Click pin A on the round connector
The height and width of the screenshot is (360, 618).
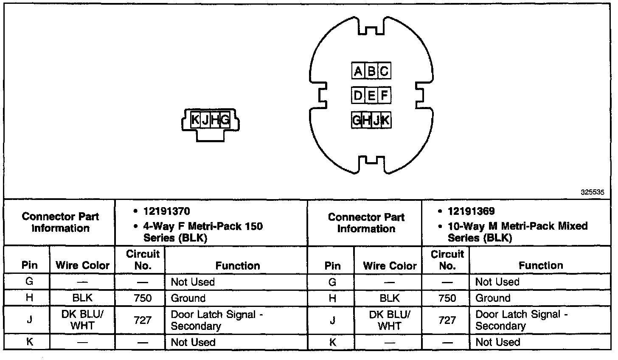(x=358, y=71)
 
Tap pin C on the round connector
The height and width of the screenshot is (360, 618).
(x=384, y=71)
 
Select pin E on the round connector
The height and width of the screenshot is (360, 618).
(x=371, y=95)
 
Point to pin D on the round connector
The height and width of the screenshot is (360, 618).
(x=358, y=95)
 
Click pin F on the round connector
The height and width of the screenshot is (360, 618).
(x=384, y=95)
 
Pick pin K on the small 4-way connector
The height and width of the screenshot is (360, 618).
(x=195, y=120)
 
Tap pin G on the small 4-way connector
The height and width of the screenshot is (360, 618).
(x=225, y=120)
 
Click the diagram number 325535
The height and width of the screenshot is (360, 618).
(x=592, y=192)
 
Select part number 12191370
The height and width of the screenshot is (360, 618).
(x=166, y=211)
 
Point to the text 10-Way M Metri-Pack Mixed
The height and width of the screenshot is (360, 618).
(x=517, y=226)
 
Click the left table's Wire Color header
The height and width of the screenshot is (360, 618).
(x=82, y=266)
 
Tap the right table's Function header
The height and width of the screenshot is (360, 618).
(x=541, y=265)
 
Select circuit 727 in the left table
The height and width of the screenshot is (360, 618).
(x=143, y=320)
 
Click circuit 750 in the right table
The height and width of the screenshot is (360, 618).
(x=447, y=298)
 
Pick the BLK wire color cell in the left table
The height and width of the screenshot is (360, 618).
(x=82, y=298)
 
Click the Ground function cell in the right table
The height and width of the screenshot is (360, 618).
(x=493, y=298)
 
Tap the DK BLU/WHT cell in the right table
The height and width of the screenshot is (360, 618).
(x=390, y=320)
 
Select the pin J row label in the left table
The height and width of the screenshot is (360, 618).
(x=29, y=320)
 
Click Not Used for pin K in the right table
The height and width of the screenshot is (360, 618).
(x=497, y=342)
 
